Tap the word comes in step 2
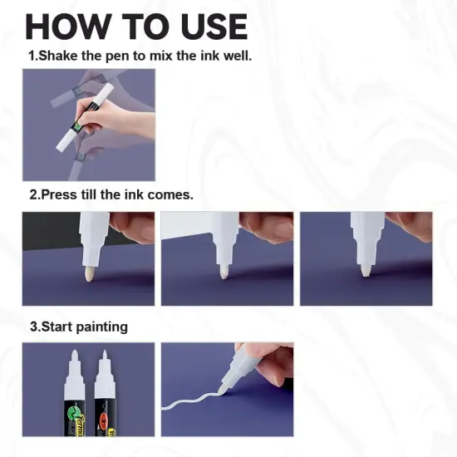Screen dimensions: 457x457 click(170, 195)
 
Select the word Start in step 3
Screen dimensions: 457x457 click(59, 327)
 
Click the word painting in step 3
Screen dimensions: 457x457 click(103, 327)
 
